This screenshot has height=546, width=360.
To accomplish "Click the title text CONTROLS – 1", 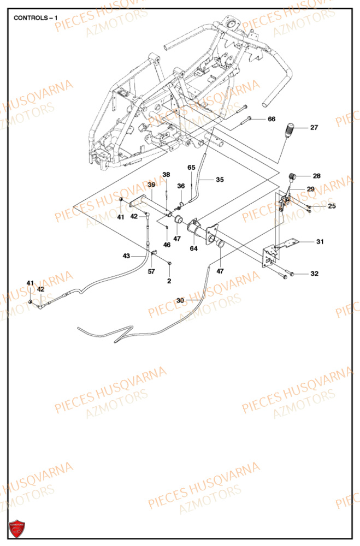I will point(33,17).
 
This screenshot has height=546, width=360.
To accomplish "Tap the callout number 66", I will point(271,119).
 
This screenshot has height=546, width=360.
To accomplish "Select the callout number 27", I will point(314,128).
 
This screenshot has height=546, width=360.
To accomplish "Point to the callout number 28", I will point(317,176).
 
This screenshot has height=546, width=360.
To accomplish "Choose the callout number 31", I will point(320,241).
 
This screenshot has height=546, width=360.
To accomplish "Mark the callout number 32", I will point(314,274).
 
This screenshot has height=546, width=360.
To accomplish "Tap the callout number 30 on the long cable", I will point(180,300).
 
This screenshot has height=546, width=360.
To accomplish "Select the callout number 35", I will point(220,179).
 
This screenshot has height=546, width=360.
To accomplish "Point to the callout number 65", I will point(191,167).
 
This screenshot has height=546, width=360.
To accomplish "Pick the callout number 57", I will point(151,271).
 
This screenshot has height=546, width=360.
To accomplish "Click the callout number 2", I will point(169,281).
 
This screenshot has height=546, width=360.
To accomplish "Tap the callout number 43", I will point(126,256).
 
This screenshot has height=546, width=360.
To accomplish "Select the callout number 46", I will point(167,245).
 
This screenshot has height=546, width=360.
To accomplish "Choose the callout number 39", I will point(152,185).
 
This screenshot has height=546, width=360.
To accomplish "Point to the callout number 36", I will point(181,186).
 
